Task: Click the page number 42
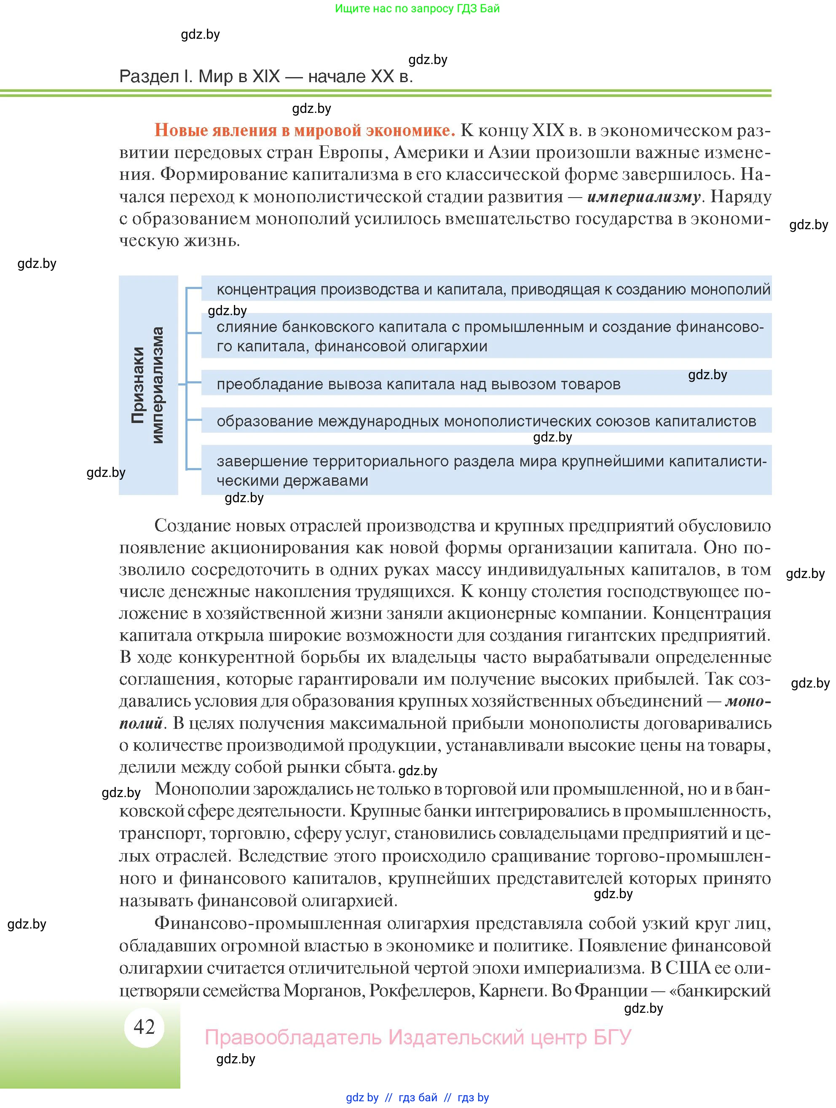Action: point(144,1027)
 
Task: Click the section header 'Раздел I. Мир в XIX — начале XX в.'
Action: point(266,77)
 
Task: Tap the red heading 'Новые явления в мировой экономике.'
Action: point(305,130)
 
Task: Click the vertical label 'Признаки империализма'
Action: point(148,385)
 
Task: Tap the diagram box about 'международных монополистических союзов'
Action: point(486,421)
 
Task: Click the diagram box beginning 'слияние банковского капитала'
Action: point(486,336)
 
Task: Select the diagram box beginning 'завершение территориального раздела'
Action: point(486,470)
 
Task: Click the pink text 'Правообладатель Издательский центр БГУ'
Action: point(418,1037)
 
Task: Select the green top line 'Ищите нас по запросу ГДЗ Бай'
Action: point(417,8)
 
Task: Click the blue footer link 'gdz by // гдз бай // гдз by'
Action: point(417,1097)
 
